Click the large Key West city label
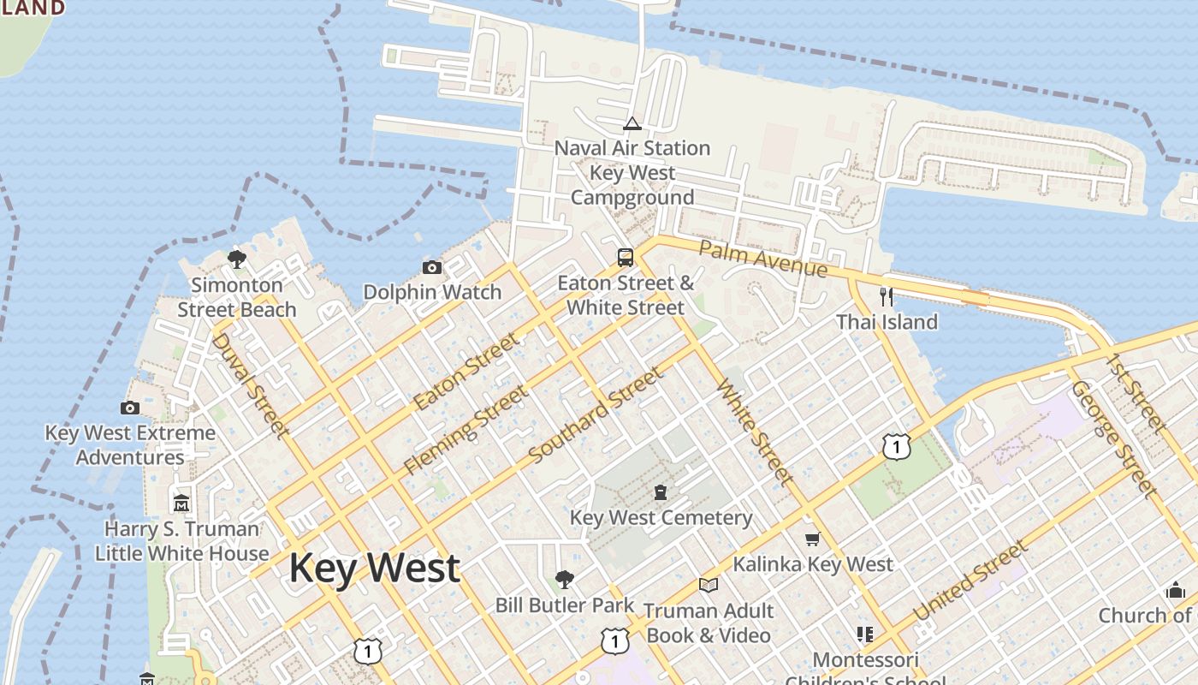(x=374, y=569)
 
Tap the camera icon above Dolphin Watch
(x=432, y=268)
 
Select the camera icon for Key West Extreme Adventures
(x=130, y=408)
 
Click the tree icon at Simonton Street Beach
(x=237, y=259)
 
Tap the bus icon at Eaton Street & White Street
(x=626, y=258)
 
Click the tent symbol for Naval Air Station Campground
(x=632, y=124)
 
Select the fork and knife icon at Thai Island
(x=887, y=297)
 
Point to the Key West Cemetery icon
(x=661, y=493)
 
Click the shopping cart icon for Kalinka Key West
(x=812, y=539)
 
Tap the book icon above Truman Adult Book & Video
(x=708, y=586)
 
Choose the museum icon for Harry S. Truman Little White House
(x=181, y=503)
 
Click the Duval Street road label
(x=249, y=385)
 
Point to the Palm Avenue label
(x=763, y=258)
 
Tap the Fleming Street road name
(x=466, y=430)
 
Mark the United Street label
(x=970, y=582)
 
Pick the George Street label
(x=1113, y=439)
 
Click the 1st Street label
(x=1136, y=392)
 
